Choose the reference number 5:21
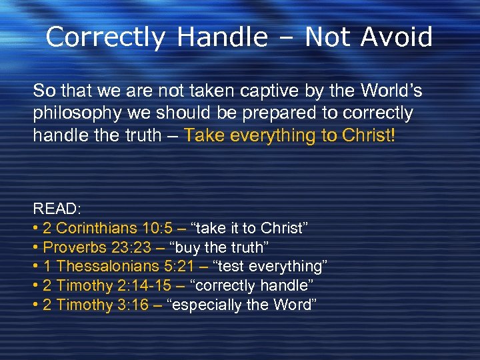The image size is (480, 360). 181,267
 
